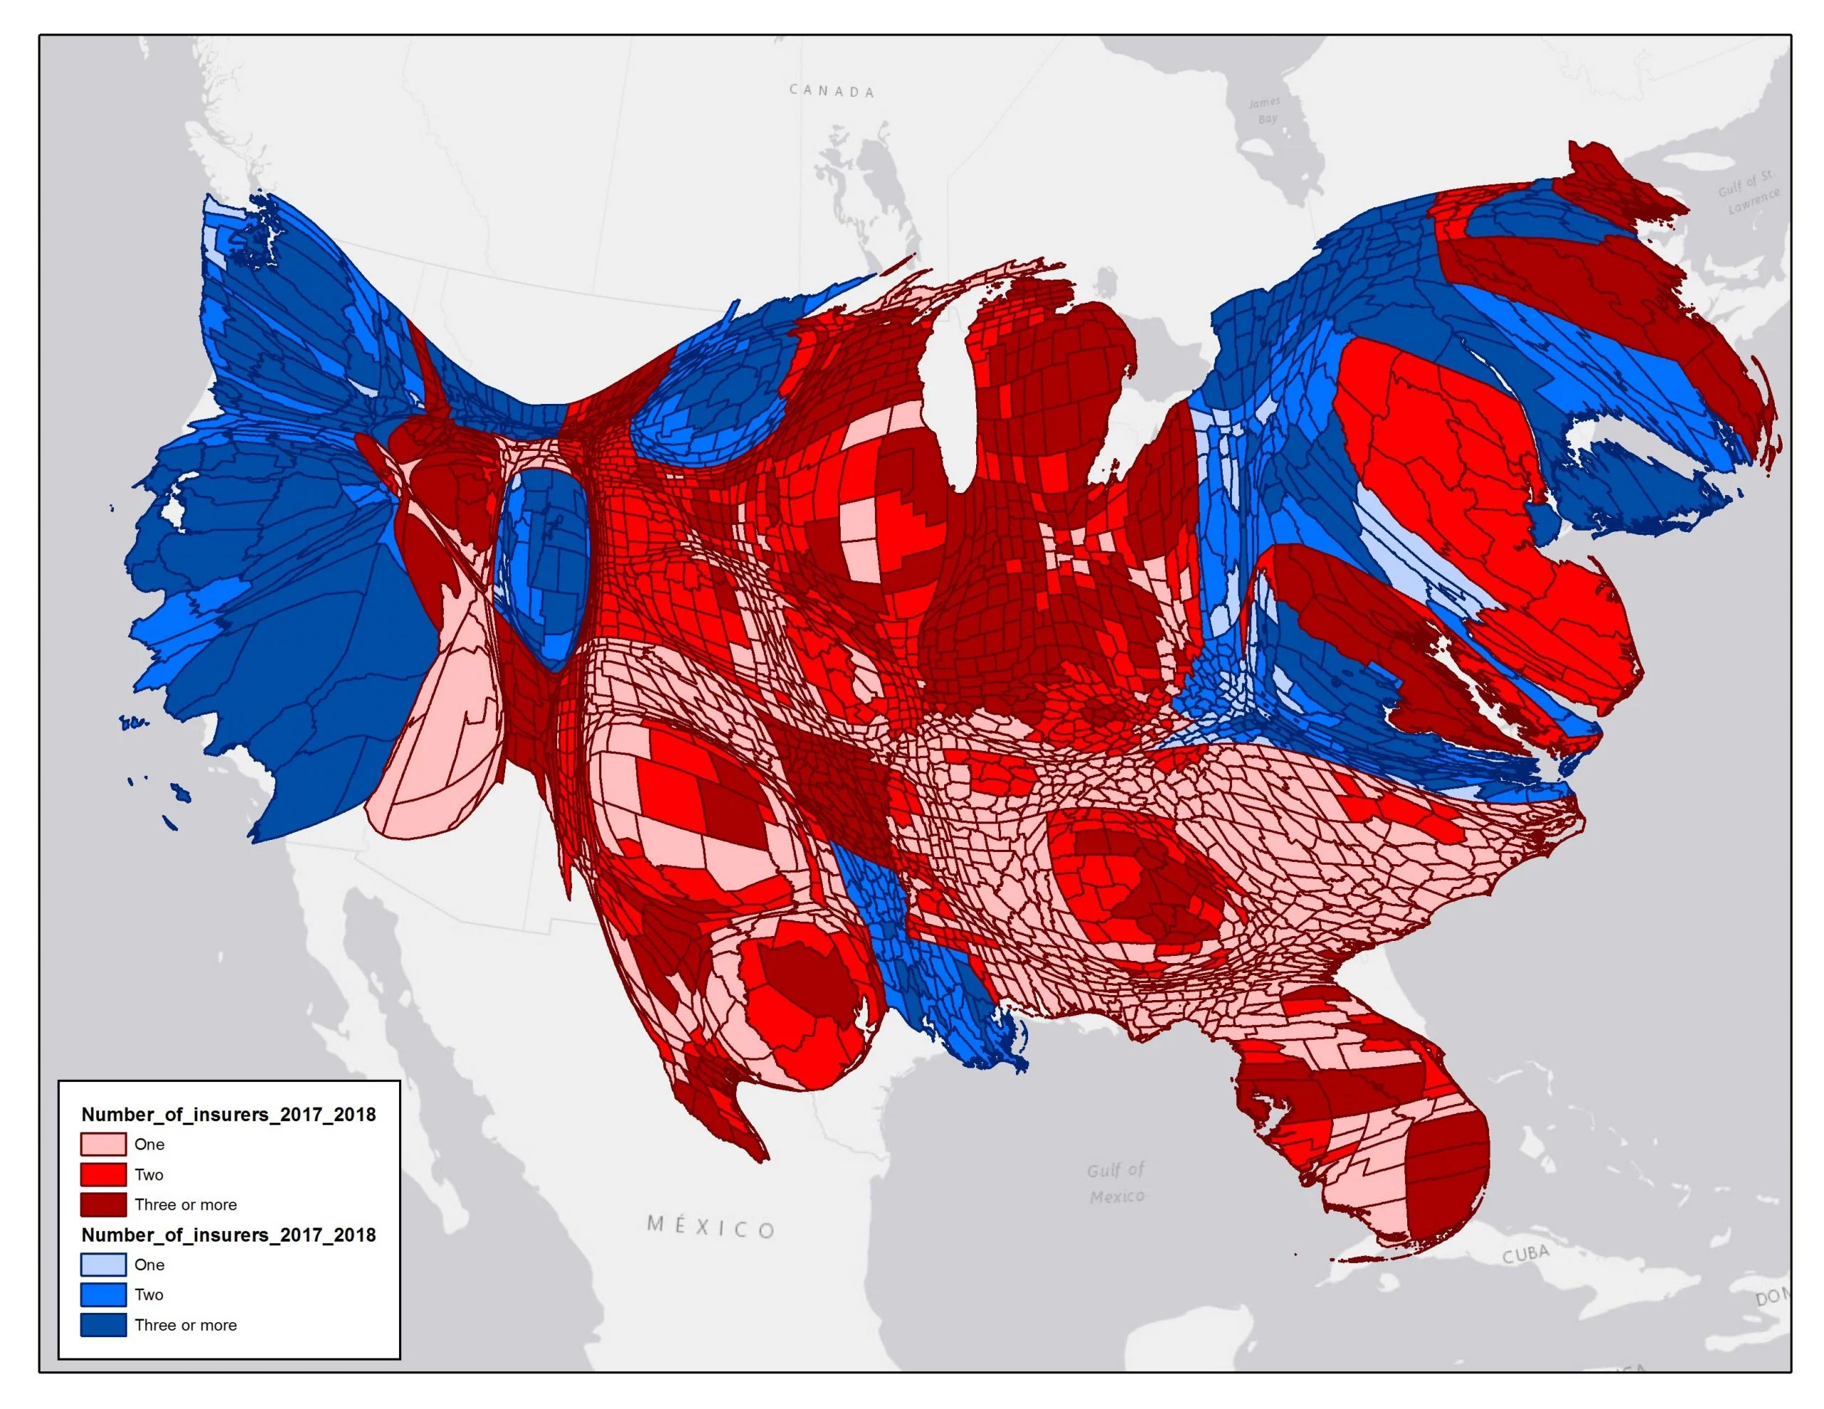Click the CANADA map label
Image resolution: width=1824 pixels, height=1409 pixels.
(831, 91)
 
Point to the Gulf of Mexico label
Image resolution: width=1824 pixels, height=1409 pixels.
(1116, 1183)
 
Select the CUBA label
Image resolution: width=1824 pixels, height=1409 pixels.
(1526, 1254)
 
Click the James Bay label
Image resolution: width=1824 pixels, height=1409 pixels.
(1265, 110)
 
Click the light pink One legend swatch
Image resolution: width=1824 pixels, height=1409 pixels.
(103, 1144)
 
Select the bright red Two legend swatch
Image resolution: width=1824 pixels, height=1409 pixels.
(103, 1175)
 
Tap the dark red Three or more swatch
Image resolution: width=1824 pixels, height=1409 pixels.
(103, 1205)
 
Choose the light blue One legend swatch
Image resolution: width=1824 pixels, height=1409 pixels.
(103, 1264)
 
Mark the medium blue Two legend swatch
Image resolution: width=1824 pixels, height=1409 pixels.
(103, 1294)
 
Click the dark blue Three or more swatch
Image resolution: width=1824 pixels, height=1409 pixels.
(103, 1325)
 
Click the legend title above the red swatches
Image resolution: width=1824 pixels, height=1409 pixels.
(228, 1114)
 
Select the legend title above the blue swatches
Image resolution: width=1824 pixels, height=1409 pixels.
(228, 1234)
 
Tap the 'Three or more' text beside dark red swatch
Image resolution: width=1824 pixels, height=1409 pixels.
(185, 1205)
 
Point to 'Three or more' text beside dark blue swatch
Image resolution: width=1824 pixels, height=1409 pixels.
(185, 1325)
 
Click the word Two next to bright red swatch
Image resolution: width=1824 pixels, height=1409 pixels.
(149, 1175)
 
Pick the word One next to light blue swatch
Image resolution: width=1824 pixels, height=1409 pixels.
(149, 1264)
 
